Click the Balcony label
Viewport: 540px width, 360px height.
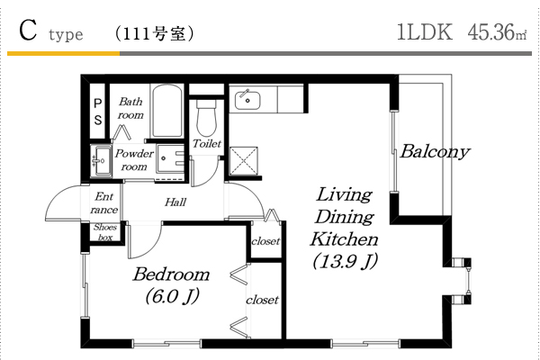coord(435,151)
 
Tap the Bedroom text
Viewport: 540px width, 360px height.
coord(171,274)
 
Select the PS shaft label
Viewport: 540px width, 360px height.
coord(98,112)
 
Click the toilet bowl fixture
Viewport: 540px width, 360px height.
coord(206,118)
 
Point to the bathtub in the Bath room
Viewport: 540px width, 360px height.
coord(167,111)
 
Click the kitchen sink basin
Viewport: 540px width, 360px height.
coord(247,100)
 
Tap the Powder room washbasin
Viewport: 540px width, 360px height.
coord(101,161)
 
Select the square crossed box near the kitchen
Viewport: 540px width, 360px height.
coord(244,160)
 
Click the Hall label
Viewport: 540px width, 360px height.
coord(175,202)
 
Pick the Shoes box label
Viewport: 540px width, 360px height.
coord(105,232)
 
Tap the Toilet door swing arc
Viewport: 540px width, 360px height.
coord(210,176)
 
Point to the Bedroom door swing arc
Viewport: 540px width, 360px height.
coord(151,247)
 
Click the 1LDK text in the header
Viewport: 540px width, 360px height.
coord(424,32)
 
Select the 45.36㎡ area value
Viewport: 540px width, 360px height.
coord(497,32)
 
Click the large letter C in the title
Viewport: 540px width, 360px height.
coord(28,31)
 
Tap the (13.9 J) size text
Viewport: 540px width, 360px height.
coord(345,262)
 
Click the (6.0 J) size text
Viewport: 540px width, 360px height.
coord(172,296)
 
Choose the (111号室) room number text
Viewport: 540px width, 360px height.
coord(154,34)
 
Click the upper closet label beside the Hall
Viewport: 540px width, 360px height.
coord(265,241)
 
